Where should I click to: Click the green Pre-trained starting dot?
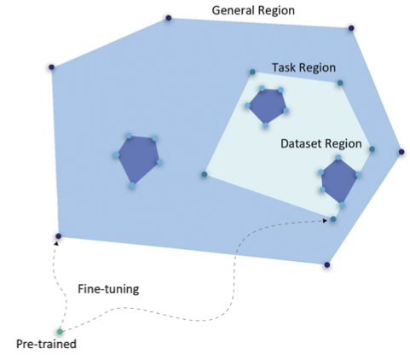tap(60, 332)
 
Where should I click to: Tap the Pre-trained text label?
tap(46, 344)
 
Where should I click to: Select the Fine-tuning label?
tap(108, 289)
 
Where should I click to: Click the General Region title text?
tap(253, 10)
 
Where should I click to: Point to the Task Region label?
tap(303, 67)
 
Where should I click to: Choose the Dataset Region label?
tap(321, 143)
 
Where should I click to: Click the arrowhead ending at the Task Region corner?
tap(325, 220)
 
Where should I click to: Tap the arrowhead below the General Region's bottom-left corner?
tap(56, 243)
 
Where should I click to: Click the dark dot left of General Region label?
tap(169, 18)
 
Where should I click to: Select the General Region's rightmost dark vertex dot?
tap(401, 152)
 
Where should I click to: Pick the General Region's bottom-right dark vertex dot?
tap(327, 264)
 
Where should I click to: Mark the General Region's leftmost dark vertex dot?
tap(51, 67)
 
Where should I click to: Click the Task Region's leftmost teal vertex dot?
tap(205, 174)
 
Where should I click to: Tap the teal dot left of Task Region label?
tap(252, 73)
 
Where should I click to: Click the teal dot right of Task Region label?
tap(340, 83)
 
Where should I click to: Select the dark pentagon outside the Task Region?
tap(138, 158)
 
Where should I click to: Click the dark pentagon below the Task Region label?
tap(267, 106)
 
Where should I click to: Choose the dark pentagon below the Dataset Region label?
tap(339, 180)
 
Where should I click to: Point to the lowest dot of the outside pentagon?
tap(132, 185)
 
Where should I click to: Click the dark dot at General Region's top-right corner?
tap(351, 28)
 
